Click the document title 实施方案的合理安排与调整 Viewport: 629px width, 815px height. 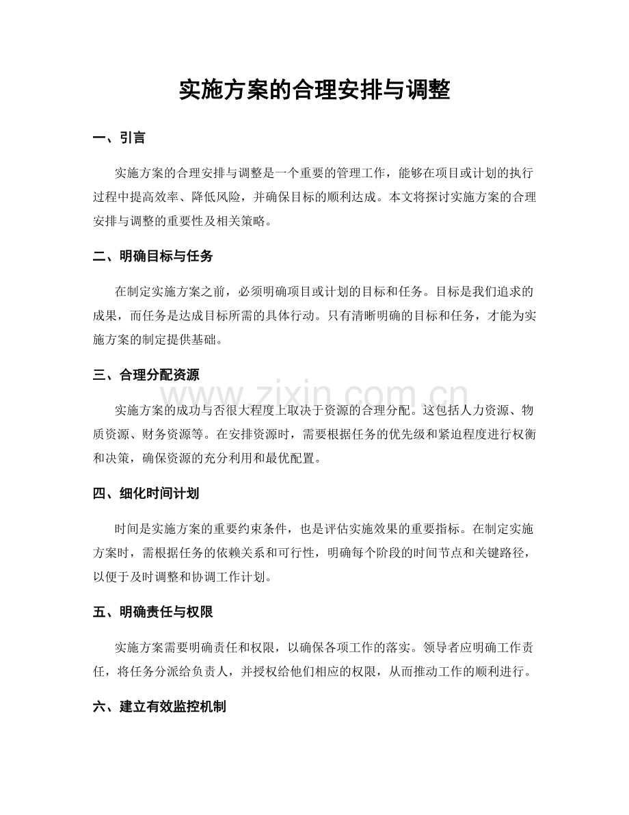[x=314, y=90]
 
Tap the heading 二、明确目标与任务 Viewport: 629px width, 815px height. [x=152, y=257]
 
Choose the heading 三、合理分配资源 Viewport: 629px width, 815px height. [x=145, y=375]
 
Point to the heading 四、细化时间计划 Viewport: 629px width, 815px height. [x=145, y=493]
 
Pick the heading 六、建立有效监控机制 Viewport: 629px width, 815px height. [x=159, y=707]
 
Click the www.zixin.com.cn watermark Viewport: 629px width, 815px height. [x=314, y=397]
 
